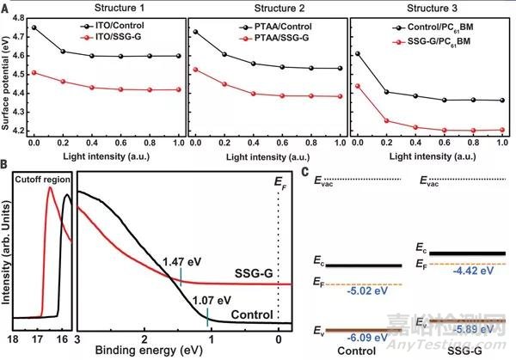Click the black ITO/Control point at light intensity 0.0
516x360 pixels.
click(x=34, y=27)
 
